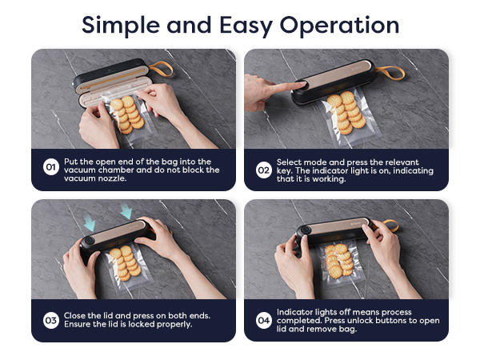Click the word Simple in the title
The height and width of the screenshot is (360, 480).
120,26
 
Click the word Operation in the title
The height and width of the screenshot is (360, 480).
339,26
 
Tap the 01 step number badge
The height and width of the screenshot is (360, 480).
51,167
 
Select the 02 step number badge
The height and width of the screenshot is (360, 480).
263,170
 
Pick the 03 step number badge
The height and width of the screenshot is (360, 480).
51,321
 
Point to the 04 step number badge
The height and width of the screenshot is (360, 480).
263,321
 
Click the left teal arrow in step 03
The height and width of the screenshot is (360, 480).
90,222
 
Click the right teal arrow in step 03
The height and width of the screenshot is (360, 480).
126,210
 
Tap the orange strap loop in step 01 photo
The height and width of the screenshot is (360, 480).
162,69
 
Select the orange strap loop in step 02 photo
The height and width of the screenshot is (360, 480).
390,73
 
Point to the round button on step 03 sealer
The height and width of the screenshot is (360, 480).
89,240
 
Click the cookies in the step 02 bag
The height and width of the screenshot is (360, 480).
346,113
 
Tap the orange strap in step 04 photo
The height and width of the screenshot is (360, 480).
390,226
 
